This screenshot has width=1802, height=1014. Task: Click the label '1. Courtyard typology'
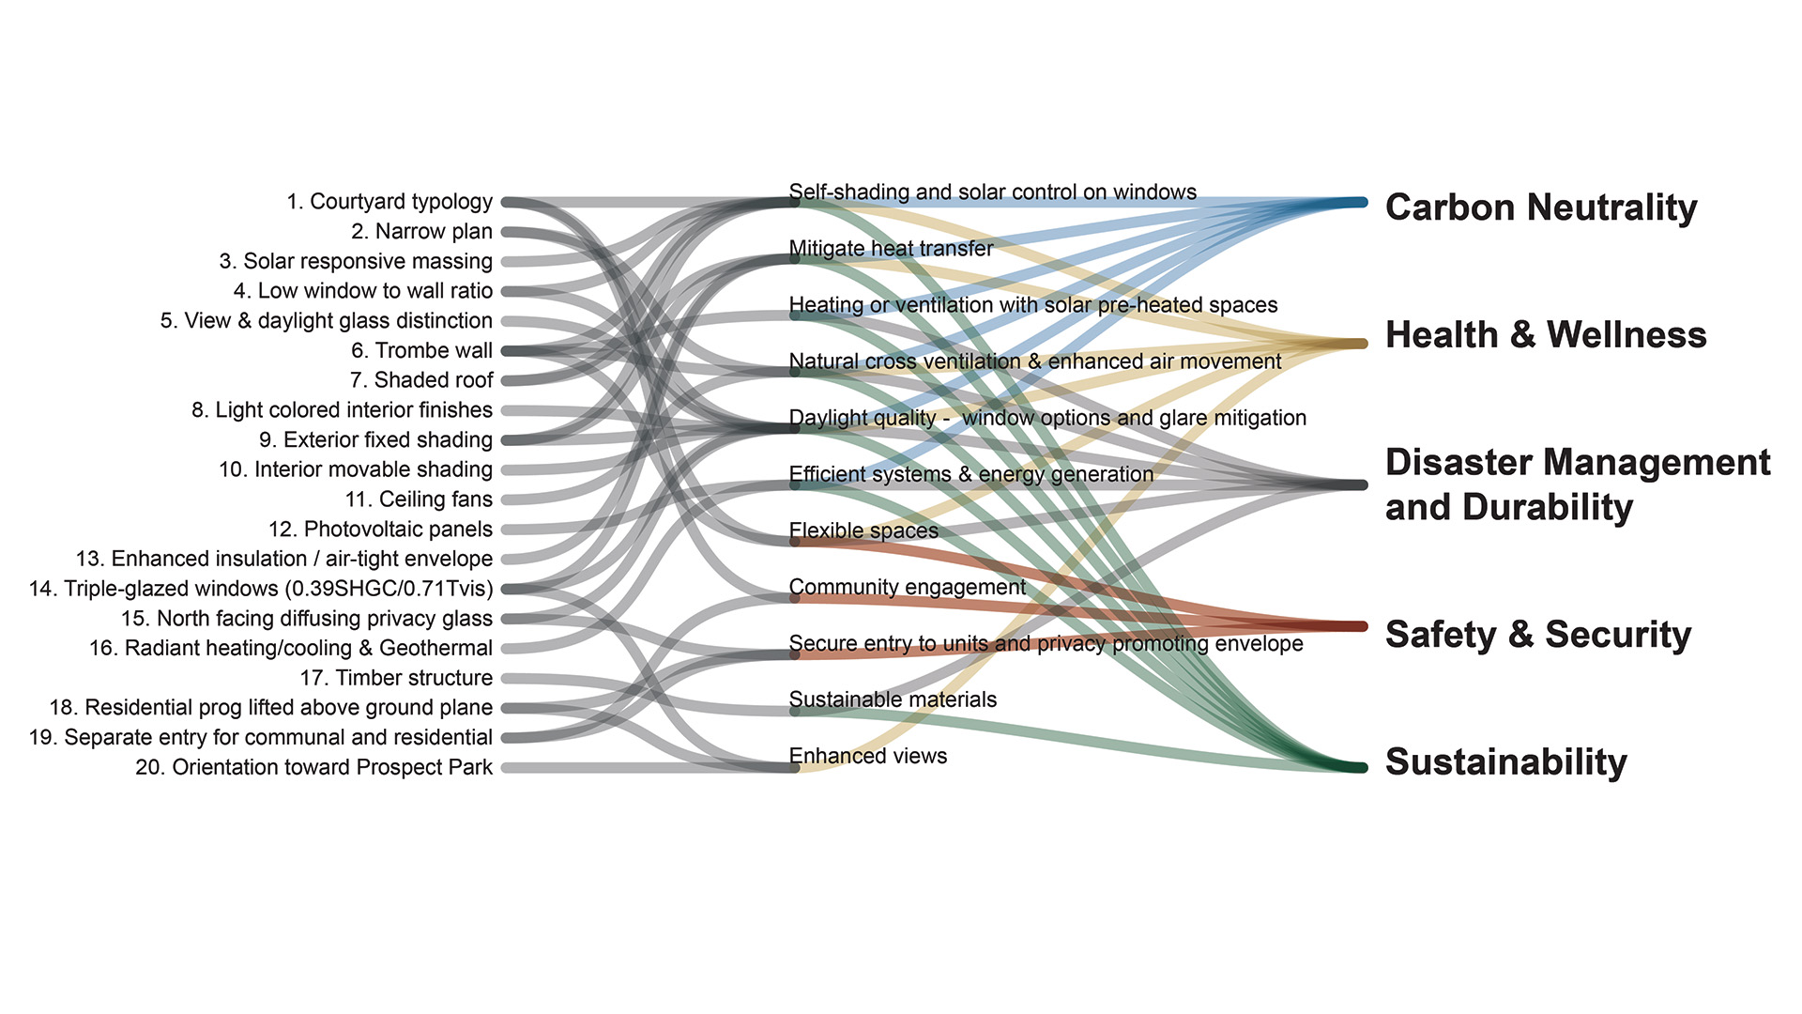(389, 202)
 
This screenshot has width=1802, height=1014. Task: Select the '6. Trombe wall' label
(421, 351)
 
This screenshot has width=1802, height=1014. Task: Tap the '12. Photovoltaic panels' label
(380, 530)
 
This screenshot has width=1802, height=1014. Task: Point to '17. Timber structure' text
(396, 678)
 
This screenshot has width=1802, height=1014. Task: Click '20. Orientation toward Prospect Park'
(313, 767)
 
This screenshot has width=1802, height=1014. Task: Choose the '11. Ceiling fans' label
(419, 499)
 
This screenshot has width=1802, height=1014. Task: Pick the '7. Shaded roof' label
(421, 380)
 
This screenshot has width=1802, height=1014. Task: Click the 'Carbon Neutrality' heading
(1541, 207)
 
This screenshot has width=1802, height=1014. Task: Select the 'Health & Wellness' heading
(1546, 335)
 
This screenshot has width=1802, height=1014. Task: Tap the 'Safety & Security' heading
(1538, 635)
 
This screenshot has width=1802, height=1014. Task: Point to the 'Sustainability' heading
(1506, 762)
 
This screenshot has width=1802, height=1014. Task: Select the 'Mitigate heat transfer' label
(891, 249)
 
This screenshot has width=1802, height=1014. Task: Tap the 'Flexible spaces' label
(863, 530)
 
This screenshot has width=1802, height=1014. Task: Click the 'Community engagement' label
(907, 587)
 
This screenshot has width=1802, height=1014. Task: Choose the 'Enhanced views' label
(868, 756)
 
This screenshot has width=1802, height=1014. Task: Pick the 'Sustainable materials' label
(893, 699)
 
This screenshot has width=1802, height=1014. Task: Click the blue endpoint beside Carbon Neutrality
(1359, 202)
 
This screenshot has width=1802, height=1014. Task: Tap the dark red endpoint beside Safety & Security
(1359, 626)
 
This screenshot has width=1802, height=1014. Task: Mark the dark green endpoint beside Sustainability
(1359, 767)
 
